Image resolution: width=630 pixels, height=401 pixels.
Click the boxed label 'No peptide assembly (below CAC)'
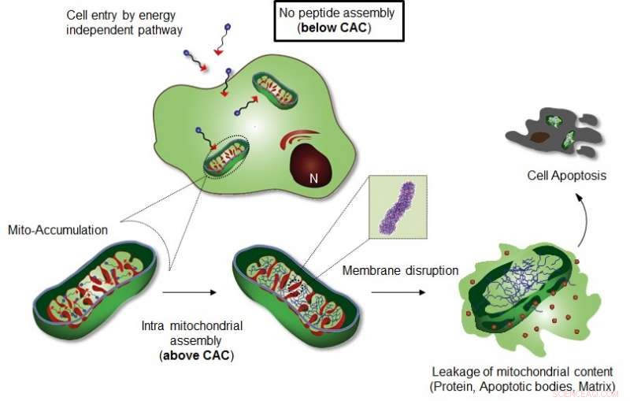point(339,21)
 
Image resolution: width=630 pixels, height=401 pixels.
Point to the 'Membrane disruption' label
point(400,271)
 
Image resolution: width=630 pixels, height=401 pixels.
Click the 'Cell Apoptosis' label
point(566,176)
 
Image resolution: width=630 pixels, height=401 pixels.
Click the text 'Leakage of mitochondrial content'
point(521,372)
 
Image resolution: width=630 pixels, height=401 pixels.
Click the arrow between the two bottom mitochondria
point(190,292)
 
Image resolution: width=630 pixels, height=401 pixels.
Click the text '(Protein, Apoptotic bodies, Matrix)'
point(521,386)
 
